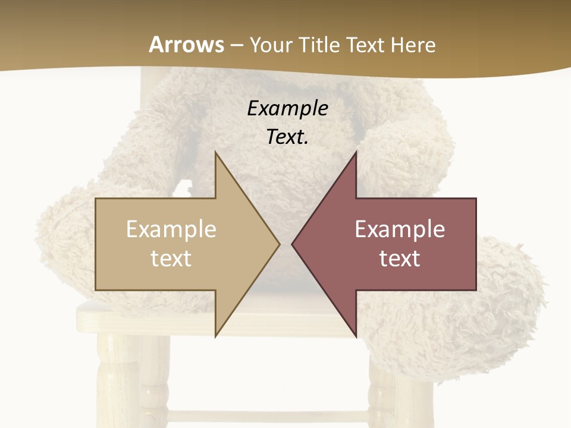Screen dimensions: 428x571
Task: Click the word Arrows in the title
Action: [x=186, y=45]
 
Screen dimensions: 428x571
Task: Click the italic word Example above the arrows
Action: [x=287, y=108]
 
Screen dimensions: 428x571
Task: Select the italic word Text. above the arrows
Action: [x=287, y=137]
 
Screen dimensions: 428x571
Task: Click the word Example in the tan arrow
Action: [x=171, y=229]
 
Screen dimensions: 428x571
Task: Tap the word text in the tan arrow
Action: [x=171, y=259]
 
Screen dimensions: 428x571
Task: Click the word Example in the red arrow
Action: [x=400, y=229]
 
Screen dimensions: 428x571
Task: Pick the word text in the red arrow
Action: [x=400, y=259]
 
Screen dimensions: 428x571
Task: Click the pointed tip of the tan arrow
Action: [x=279, y=244]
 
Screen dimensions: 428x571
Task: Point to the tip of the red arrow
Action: [x=293, y=244]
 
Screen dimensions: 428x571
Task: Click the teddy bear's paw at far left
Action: [x=65, y=238]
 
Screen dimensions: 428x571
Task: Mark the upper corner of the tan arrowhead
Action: [x=215, y=152]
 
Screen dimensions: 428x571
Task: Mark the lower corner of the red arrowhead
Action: [x=356, y=336]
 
